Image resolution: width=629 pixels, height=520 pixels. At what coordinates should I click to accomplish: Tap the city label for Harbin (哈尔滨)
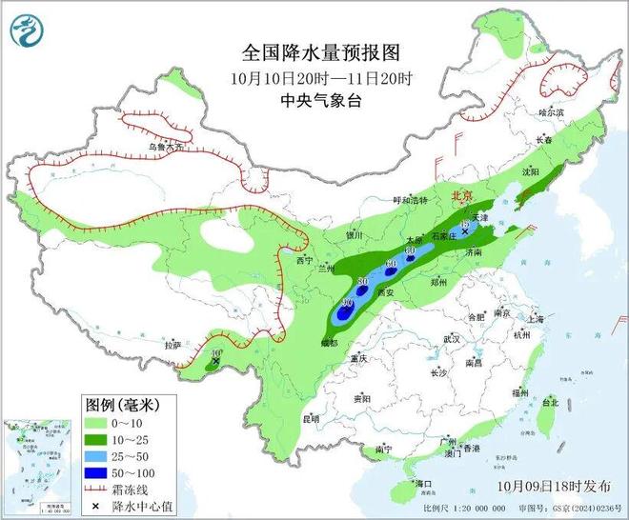click(552, 112)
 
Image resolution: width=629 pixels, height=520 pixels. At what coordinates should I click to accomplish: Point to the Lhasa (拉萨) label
click(172, 345)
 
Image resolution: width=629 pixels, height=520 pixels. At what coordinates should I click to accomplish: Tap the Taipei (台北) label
click(550, 403)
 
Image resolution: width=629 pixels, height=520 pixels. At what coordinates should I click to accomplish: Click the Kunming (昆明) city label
click(311, 418)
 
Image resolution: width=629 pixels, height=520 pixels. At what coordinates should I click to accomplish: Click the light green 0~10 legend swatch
click(96, 423)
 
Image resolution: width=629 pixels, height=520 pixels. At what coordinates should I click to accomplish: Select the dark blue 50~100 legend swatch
click(96, 470)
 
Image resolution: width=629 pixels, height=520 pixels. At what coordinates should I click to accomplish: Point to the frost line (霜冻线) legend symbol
click(96, 487)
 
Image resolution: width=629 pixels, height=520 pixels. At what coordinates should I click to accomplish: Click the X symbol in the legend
click(96, 503)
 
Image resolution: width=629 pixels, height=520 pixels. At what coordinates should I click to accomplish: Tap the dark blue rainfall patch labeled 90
click(344, 309)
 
